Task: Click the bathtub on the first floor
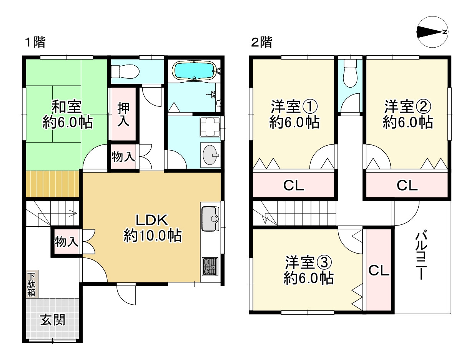click(195, 71)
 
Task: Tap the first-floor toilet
click(125, 71)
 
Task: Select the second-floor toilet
click(350, 73)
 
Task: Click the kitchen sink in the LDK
click(210, 219)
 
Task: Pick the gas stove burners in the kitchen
click(210, 267)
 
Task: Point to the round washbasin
click(210, 155)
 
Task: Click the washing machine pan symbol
click(210, 127)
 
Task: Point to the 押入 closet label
click(123, 114)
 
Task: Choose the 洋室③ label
click(308, 262)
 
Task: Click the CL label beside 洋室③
click(379, 270)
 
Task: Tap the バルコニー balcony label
click(421, 256)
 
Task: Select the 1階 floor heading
click(35, 42)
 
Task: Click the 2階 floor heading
click(261, 42)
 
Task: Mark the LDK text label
click(152, 220)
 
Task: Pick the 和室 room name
click(66, 106)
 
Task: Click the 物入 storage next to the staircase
click(66, 242)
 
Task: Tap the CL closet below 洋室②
click(407, 185)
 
